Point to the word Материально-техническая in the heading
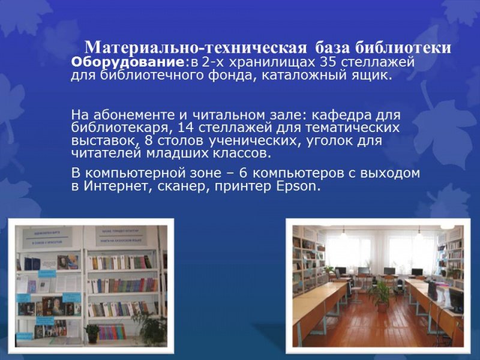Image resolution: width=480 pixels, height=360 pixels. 197,47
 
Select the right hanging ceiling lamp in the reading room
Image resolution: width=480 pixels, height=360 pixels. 418,234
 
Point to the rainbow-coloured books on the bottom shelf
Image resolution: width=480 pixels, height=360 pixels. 110,331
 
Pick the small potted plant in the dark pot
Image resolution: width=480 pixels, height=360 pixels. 92,332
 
